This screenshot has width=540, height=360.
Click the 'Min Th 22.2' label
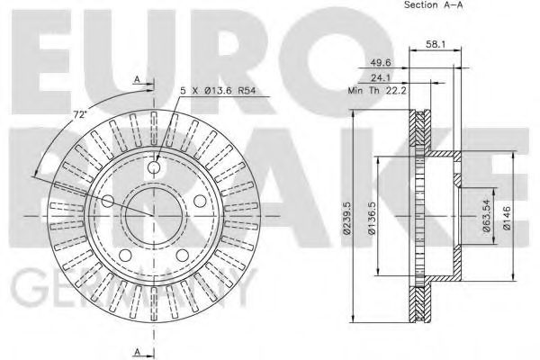point(373,91)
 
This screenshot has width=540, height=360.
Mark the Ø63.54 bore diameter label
point(487,217)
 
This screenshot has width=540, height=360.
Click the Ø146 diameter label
point(508,217)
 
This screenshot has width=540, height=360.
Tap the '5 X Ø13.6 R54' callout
point(217,90)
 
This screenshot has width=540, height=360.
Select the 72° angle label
point(78,115)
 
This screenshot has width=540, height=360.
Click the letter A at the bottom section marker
point(137,350)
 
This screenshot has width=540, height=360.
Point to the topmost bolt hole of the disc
point(156,167)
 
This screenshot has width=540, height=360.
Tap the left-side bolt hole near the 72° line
point(109,200)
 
